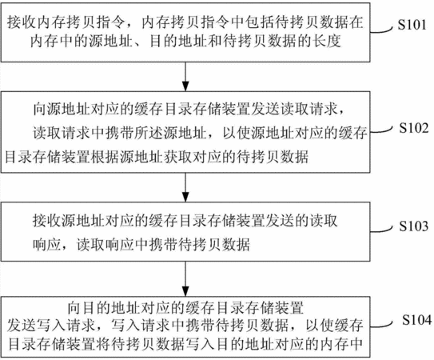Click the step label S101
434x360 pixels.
(412, 25)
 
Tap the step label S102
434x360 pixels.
(413, 128)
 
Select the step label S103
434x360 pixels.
(413, 226)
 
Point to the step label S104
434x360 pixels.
(416, 320)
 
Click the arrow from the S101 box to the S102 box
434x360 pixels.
(185, 77)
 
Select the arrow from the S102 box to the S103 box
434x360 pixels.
(185, 187)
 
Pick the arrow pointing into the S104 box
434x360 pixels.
(185, 278)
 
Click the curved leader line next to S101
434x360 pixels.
(381, 30)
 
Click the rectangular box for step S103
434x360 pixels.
(185, 232)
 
